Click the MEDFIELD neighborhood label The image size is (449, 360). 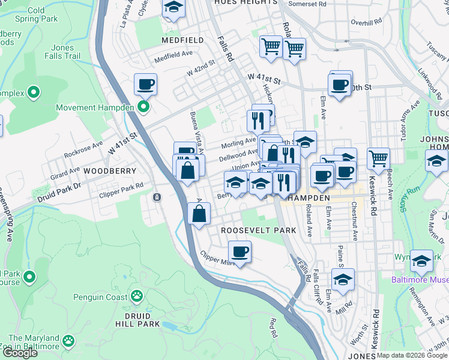tap(182, 40)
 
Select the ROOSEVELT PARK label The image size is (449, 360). tap(259, 230)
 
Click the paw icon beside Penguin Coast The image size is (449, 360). tap(137, 296)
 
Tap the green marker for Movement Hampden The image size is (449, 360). tap(143, 107)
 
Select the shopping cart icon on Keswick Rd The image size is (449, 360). tap(378, 159)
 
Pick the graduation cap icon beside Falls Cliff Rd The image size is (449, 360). tap(343, 279)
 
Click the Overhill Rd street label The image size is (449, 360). tap(367, 23)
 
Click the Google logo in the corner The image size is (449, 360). tap(20, 353)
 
